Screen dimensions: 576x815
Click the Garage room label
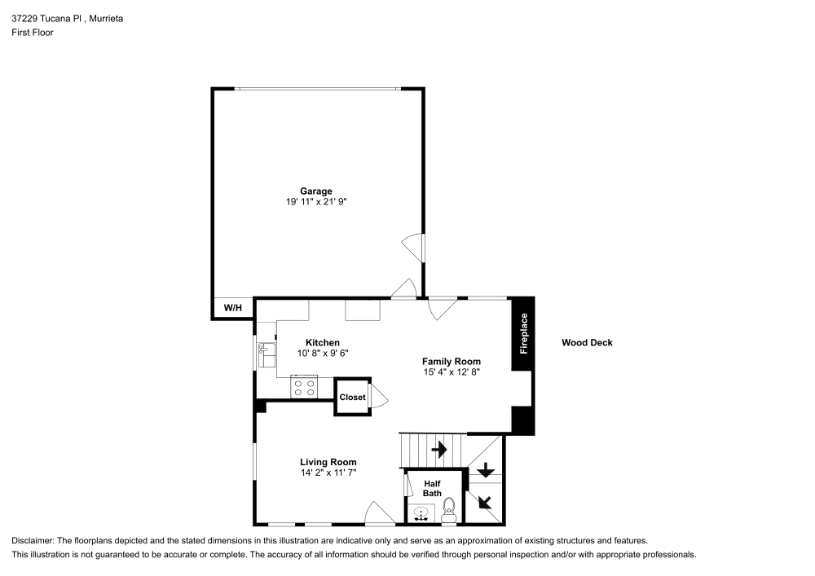click(315, 191)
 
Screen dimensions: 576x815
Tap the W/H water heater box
click(233, 308)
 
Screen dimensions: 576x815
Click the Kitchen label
click(322, 343)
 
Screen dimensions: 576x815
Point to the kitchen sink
click(266, 355)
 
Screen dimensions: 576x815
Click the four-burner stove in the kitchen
click(304, 388)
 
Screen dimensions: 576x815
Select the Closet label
click(352, 398)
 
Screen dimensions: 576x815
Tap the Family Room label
click(451, 361)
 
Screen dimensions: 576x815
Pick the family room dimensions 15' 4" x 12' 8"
click(451, 372)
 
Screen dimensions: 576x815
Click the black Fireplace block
click(523, 333)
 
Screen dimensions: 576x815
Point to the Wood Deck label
click(587, 343)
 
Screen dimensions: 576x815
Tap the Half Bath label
click(432, 488)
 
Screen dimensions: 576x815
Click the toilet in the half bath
click(448, 513)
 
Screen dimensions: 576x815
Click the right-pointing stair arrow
click(439, 449)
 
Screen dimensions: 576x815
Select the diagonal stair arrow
click(486, 502)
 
